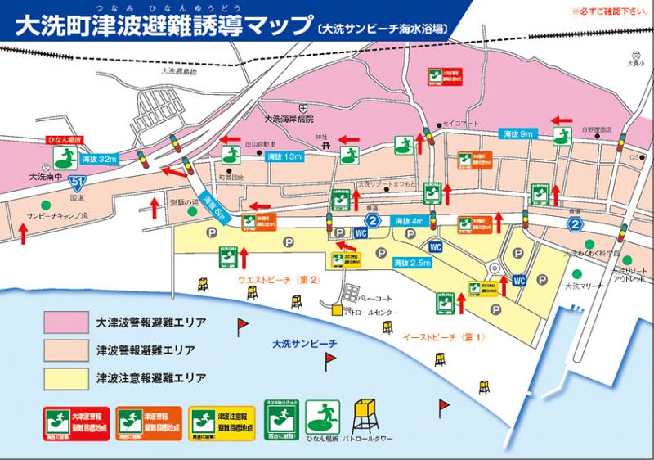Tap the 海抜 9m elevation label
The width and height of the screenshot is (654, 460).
click(517, 133)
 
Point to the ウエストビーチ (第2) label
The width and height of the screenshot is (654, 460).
click(277, 281)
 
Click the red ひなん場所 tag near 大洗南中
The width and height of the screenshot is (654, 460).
click(61, 140)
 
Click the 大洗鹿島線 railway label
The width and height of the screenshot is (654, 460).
click(183, 73)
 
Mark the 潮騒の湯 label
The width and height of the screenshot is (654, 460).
click(185, 202)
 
